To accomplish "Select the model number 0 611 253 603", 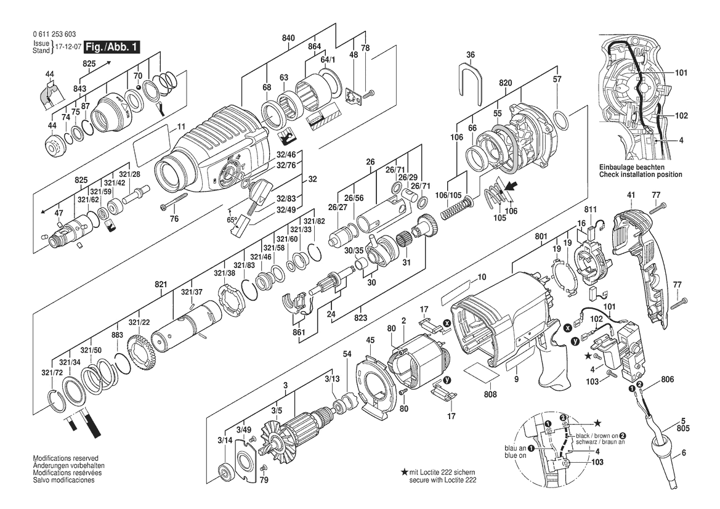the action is (x=55, y=35).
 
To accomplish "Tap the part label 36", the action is (x=470, y=55).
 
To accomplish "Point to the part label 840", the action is (x=288, y=38).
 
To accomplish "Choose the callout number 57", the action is (x=557, y=79).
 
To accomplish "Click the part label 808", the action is (x=490, y=394).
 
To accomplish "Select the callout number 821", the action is (x=161, y=284).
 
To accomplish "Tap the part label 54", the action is (x=347, y=354).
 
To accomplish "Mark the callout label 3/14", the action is (x=225, y=441).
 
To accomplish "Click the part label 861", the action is (x=299, y=332).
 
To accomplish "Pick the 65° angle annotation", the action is (x=232, y=220).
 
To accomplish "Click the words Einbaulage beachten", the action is (x=631, y=168).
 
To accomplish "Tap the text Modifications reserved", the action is (x=66, y=458).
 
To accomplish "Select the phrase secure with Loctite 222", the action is (x=443, y=480).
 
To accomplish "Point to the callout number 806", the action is (x=668, y=380).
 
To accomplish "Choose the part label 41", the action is (x=631, y=195).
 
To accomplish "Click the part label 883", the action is (x=118, y=335).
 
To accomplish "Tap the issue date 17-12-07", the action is (x=66, y=47).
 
